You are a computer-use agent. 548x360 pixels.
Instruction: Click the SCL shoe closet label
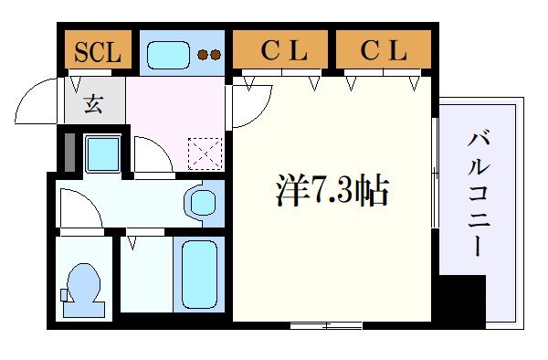[x=97, y=51]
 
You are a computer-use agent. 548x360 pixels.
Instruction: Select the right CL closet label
[x=383, y=51]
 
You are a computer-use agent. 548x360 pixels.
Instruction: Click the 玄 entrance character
[x=95, y=103]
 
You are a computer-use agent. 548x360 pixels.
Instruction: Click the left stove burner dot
[x=204, y=54]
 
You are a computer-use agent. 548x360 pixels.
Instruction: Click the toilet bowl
[x=83, y=288]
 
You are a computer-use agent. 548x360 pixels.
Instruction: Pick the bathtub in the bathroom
[x=198, y=273]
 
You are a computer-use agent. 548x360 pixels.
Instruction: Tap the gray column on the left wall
[x=66, y=154]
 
